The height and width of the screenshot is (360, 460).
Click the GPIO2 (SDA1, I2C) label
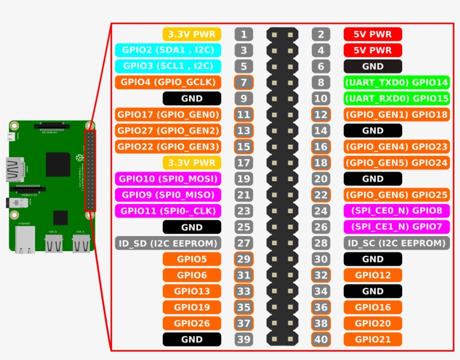168,50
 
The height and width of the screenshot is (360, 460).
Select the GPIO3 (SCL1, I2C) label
168,66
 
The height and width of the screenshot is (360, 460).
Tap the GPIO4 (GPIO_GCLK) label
168,82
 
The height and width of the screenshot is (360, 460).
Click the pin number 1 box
243,34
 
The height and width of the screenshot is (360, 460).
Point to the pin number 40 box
320,339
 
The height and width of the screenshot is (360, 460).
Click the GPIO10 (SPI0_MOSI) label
168,179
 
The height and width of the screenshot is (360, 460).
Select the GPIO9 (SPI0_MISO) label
168,195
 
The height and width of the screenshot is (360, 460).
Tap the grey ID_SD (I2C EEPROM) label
168,243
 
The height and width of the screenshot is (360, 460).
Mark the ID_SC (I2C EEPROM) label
397,243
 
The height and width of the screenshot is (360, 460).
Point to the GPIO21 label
372,339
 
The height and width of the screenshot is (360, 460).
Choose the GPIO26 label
192,324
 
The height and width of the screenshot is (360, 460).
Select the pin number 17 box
243,163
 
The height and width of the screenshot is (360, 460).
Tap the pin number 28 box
320,243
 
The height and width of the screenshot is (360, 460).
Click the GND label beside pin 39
192,339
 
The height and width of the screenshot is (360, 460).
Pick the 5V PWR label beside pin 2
372,34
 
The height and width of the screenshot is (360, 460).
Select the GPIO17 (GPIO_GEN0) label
168,114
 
